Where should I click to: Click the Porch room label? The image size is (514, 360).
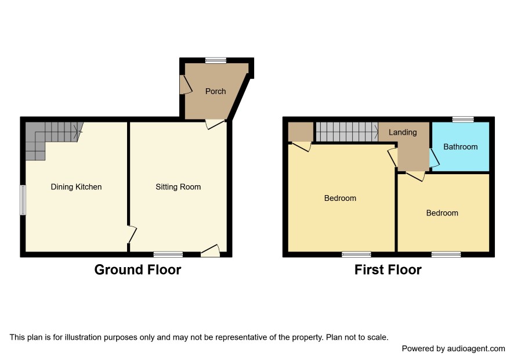(215, 91)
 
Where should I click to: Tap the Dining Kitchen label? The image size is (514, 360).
(76, 187)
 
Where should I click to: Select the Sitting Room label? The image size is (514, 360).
(178, 187)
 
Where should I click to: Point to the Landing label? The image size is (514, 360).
(403, 132)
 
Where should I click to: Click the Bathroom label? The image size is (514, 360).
(460, 147)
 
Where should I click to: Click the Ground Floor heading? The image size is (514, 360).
(137, 270)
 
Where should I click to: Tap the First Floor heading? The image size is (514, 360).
(388, 270)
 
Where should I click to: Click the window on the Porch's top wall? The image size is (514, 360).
(216, 60)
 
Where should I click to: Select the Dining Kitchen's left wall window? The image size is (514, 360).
(23, 200)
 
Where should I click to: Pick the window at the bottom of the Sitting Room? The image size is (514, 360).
(168, 254)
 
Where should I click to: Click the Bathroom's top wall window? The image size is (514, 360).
(463, 120)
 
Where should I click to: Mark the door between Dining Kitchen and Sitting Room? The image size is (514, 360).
(132, 235)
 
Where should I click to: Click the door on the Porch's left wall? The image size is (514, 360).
(186, 85)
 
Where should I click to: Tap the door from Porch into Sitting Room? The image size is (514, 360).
(215, 124)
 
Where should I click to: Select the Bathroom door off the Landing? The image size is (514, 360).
(434, 158)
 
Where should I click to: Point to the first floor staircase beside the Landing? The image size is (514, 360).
(347, 132)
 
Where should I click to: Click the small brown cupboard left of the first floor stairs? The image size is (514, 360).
(301, 132)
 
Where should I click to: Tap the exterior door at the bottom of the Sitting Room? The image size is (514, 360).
(211, 251)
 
